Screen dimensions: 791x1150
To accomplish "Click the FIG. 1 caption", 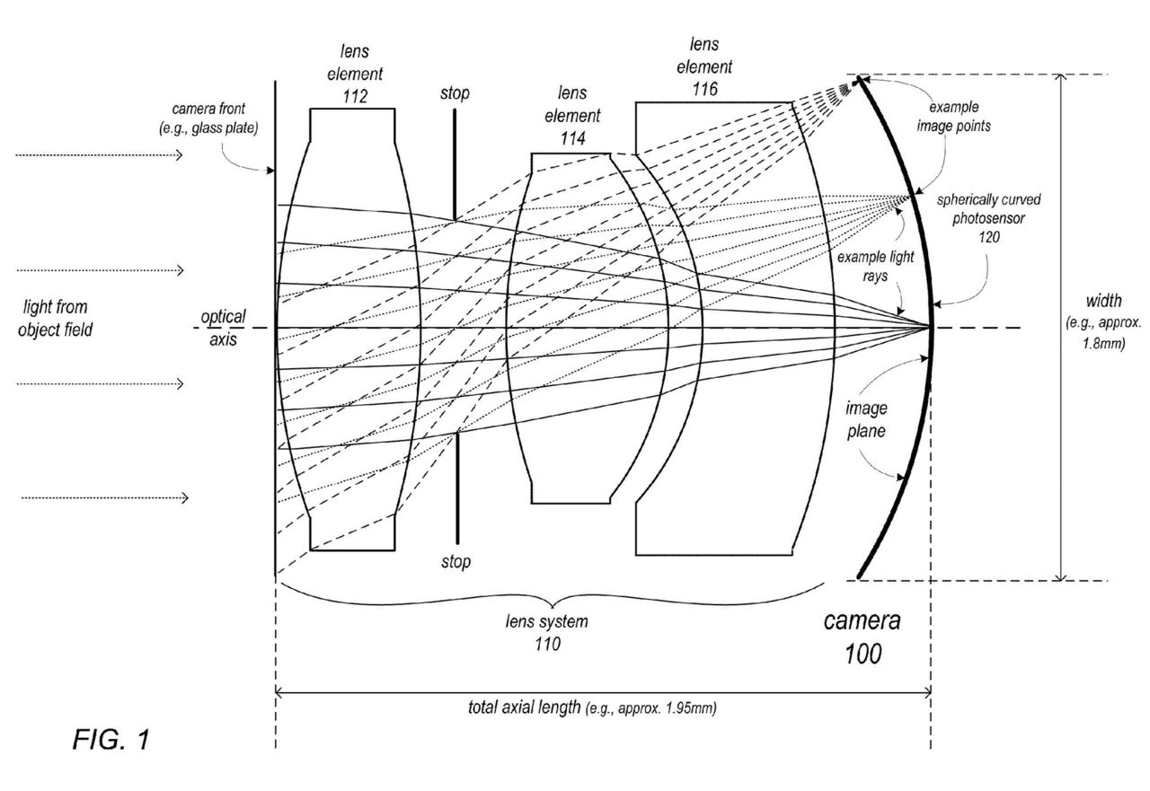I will click(x=111, y=742).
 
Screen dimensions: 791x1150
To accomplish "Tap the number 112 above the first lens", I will click(x=355, y=93).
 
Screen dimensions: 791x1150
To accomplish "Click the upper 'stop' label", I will click(x=455, y=93).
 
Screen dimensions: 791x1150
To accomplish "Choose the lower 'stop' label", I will click(x=456, y=562).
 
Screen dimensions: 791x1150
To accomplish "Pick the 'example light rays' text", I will click(x=875, y=267).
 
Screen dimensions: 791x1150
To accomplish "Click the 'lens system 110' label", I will click(x=546, y=632).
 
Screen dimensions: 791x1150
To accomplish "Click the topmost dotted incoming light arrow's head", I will click(x=180, y=156).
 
